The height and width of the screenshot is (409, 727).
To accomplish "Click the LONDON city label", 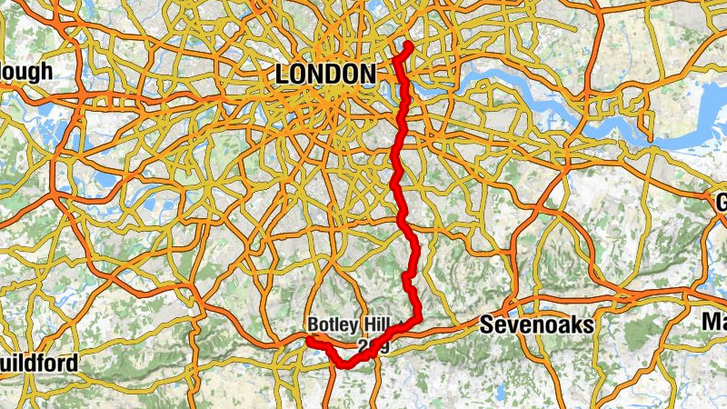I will pyautogui.click(x=324, y=75).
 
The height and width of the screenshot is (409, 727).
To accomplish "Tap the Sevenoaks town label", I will pyautogui.click(x=536, y=324).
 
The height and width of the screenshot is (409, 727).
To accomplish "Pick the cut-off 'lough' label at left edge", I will pyautogui.click(x=26, y=72).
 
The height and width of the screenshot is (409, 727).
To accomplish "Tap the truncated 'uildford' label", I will pyautogui.click(x=38, y=364).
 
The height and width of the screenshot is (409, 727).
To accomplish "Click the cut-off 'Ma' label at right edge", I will pyautogui.click(x=714, y=321).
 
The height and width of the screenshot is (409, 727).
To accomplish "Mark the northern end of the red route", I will pyautogui.click(x=408, y=45).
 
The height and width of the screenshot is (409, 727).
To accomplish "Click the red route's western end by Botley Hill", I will pyautogui.click(x=309, y=340).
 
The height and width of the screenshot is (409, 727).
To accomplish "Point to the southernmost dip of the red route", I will pyautogui.click(x=346, y=365).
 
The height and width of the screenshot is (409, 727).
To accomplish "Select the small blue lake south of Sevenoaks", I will pyautogui.click(x=499, y=393).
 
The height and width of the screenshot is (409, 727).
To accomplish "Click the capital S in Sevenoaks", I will pyautogui.click(x=486, y=324).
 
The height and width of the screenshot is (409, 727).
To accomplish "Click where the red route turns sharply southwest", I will pyautogui.click(x=417, y=318).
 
